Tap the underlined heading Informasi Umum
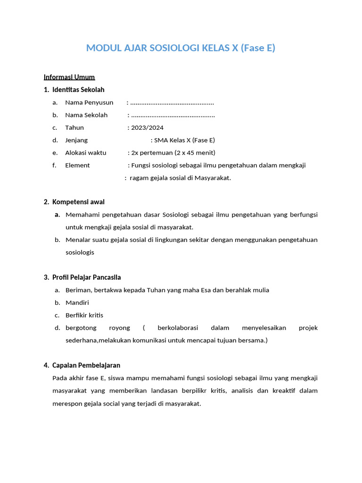69,77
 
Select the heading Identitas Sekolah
78,90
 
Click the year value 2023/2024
148,127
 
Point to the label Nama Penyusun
89,102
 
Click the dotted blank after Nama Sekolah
173,115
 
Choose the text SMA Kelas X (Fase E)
184,140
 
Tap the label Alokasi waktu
86,152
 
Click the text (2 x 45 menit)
195,152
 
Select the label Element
77,165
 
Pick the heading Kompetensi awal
78,202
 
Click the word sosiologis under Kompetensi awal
80,252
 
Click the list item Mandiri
77,302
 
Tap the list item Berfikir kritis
84,315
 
